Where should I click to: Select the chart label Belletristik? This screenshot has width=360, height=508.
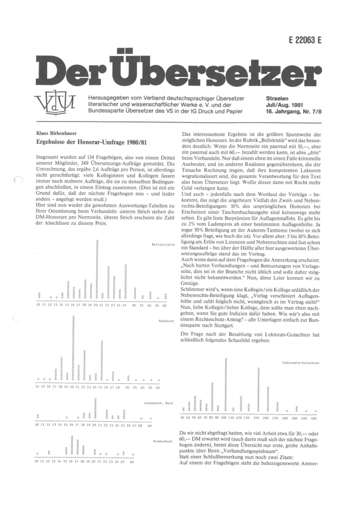point(162,245)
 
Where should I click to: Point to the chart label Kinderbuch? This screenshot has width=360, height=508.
point(163,440)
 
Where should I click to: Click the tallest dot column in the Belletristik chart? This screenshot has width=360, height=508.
point(97,268)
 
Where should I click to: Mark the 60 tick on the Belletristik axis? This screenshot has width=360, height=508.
point(164,304)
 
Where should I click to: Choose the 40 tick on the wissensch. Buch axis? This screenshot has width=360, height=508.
point(149,426)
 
